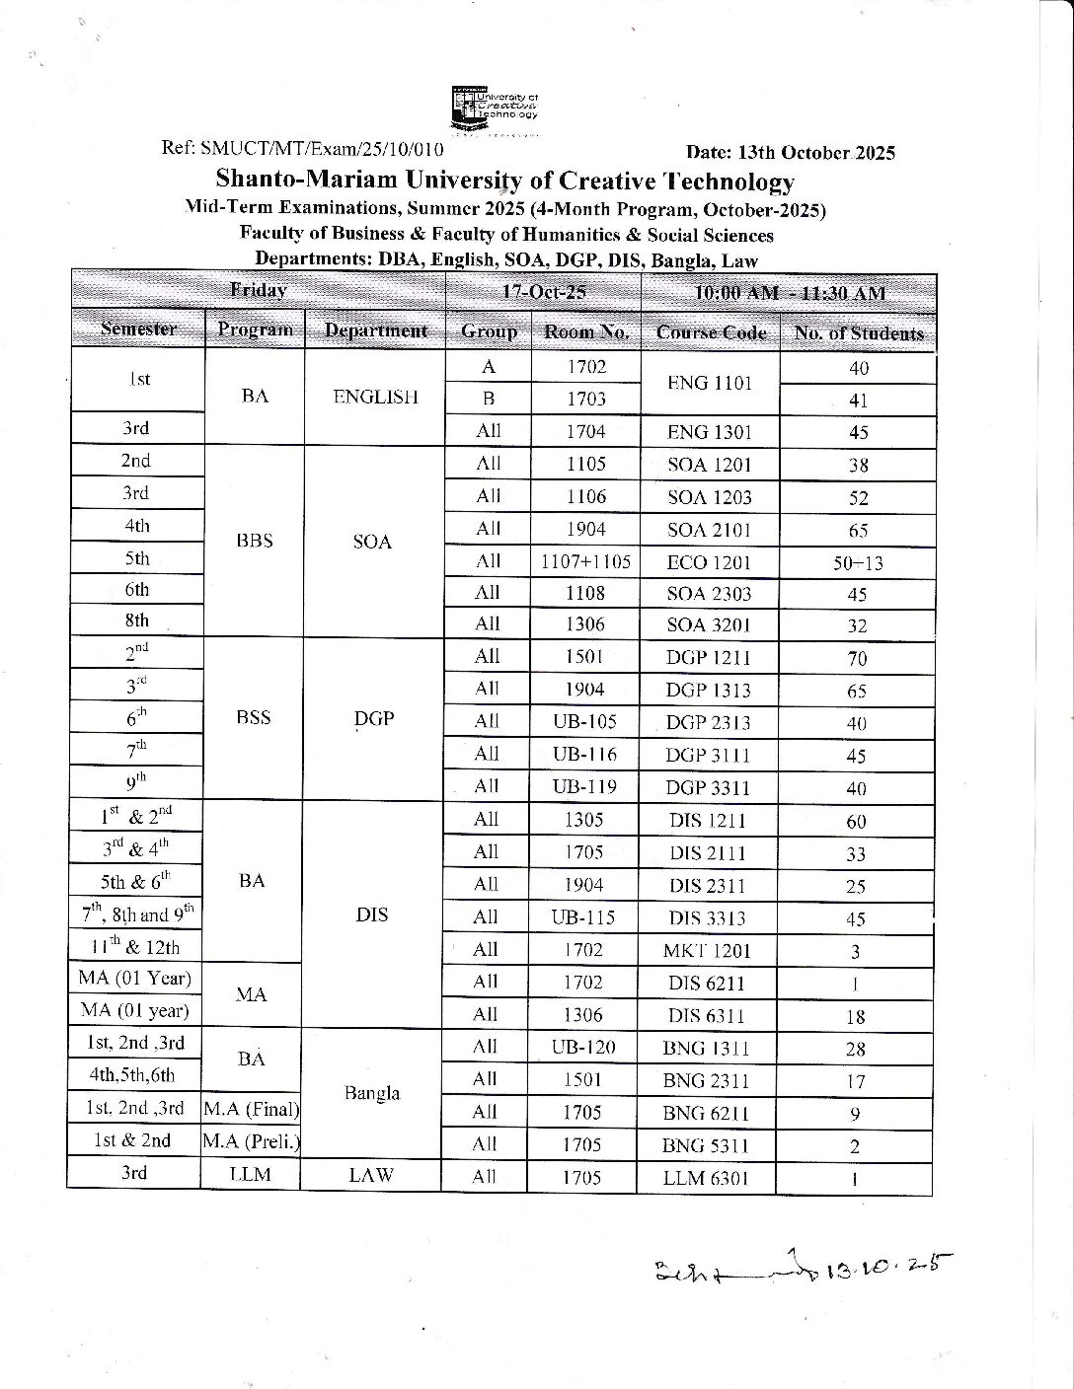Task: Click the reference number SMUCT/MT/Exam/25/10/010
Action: click(x=321, y=150)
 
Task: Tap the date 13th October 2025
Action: click(x=790, y=153)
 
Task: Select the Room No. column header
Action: click(x=585, y=332)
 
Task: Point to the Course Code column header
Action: click(x=711, y=333)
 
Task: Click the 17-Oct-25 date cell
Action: click(x=544, y=292)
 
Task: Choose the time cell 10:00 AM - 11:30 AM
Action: click(x=789, y=293)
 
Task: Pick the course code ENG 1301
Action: click(x=710, y=432)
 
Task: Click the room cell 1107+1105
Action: click(x=585, y=562)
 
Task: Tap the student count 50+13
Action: click(x=858, y=563)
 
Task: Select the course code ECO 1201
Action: click(x=710, y=562)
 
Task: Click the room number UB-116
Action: click(x=583, y=755)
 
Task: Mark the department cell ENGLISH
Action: click(x=375, y=398)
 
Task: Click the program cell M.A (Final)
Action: click(x=252, y=1110)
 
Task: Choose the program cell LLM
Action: click(x=251, y=1175)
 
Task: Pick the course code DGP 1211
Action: click(x=708, y=658)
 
